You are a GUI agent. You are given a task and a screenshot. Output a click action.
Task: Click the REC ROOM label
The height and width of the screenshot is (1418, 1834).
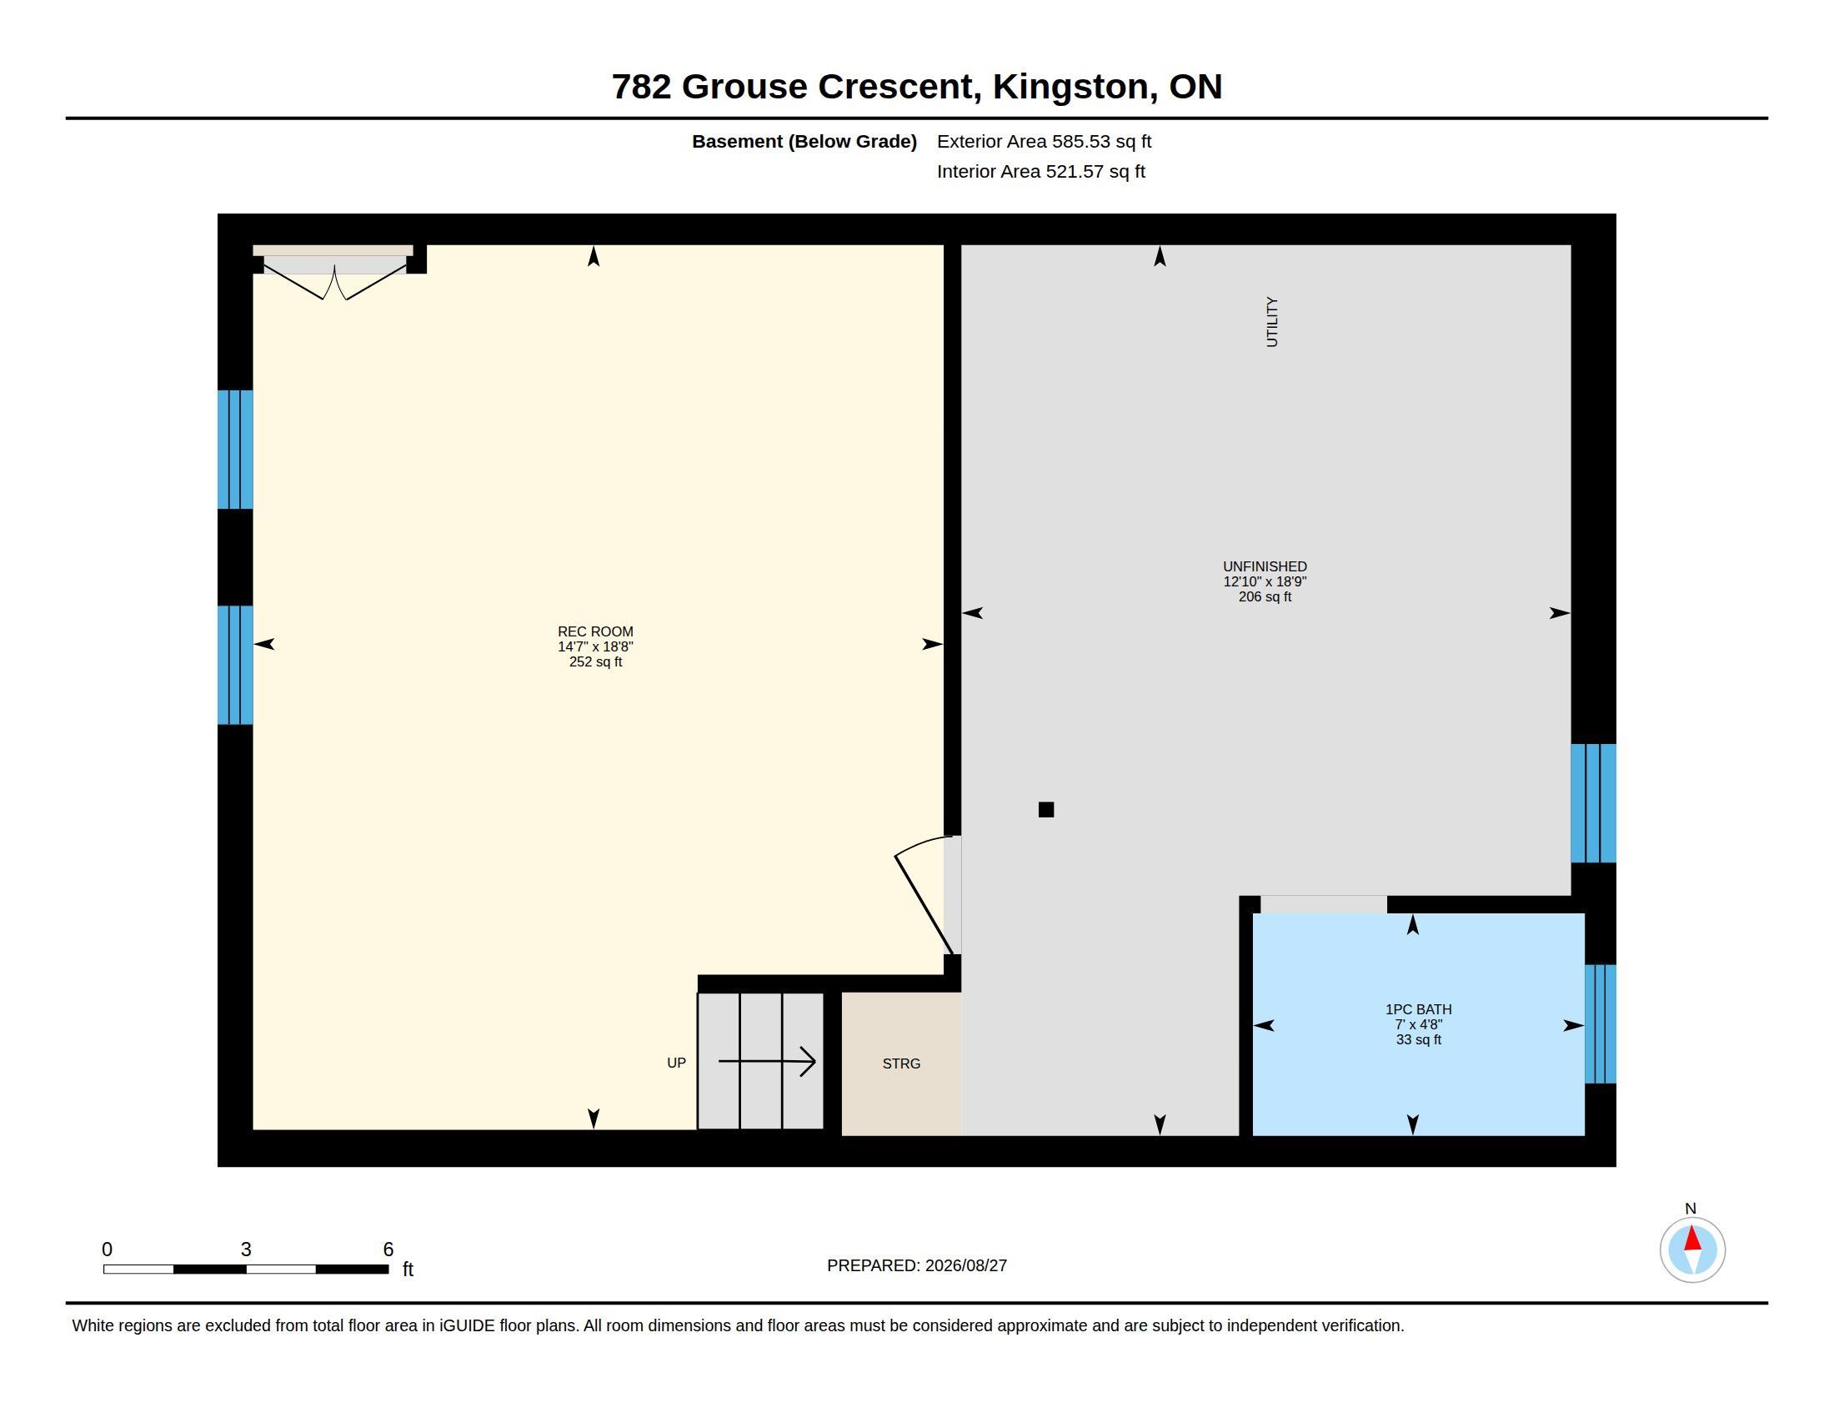pyautogui.click(x=595, y=631)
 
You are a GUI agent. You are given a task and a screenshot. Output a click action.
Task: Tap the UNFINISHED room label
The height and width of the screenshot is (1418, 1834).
pyautogui.click(x=1265, y=567)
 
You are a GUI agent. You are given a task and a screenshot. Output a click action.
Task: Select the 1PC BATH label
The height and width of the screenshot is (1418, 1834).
pyautogui.click(x=1418, y=1010)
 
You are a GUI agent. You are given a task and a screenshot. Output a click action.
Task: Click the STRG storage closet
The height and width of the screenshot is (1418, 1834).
pyautogui.click(x=901, y=1063)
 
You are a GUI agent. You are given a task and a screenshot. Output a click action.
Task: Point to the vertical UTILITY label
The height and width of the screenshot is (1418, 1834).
pyautogui.click(x=1272, y=322)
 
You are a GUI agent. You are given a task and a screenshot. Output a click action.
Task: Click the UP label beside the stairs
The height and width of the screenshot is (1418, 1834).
pyautogui.click(x=676, y=1063)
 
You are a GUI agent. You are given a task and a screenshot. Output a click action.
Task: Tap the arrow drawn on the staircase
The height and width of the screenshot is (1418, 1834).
pyautogui.click(x=767, y=1061)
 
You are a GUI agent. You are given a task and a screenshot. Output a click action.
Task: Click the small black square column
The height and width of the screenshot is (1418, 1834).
pyautogui.click(x=1046, y=810)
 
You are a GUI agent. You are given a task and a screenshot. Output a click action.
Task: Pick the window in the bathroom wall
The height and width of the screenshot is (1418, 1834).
pyautogui.click(x=1600, y=1024)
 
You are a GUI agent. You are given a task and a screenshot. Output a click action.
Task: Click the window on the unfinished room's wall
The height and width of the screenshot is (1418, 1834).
pyautogui.click(x=1593, y=803)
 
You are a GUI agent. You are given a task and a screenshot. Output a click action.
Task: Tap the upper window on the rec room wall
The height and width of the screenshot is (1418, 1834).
pyautogui.click(x=235, y=450)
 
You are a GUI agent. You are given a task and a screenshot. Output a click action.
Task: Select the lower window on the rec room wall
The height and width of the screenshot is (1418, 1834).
pyautogui.click(x=235, y=665)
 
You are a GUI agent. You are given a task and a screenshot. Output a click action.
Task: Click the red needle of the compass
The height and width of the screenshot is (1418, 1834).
pyautogui.click(x=1693, y=1239)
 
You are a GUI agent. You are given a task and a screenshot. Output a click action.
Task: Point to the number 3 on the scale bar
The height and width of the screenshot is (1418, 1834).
pyautogui.click(x=246, y=1250)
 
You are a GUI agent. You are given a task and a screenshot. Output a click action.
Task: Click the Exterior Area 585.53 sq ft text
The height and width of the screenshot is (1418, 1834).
pyautogui.click(x=1044, y=141)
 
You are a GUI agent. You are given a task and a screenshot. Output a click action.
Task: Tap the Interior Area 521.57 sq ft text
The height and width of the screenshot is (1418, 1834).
pyautogui.click(x=1040, y=171)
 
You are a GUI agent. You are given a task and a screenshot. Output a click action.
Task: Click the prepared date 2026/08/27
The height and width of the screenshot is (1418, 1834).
pyautogui.click(x=965, y=1265)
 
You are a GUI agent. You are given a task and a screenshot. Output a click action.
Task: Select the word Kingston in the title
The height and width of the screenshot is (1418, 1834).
pyautogui.click(x=1070, y=87)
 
